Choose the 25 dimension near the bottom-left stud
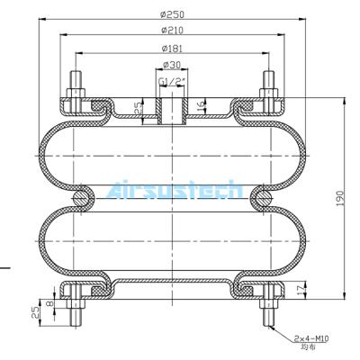[x=35, y=312]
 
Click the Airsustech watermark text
[x=174, y=191]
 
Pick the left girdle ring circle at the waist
[x=80, y=195]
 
